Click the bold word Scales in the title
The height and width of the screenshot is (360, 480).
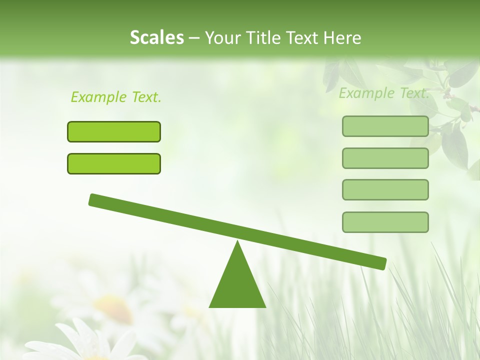(x=156, y=37)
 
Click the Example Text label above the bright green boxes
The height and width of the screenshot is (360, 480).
(x=116, y=97)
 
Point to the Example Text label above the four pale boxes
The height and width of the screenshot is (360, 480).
(x=384, y=93)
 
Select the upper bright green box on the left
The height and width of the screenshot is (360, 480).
(x=114, y=131)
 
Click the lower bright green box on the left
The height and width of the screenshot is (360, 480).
(x=114, y=163)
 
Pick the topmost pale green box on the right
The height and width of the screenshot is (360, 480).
(x=385, y=126)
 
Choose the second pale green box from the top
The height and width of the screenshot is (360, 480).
(x=385, y=158)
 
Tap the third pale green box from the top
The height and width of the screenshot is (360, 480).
(x=385, y=190)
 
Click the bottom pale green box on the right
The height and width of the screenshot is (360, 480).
(x=385, y=222)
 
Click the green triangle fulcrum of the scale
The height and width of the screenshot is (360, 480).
(x=237, y=285)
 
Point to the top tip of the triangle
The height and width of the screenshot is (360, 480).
(x=237, y=242)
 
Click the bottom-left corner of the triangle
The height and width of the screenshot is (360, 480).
(x=210, y=306)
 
